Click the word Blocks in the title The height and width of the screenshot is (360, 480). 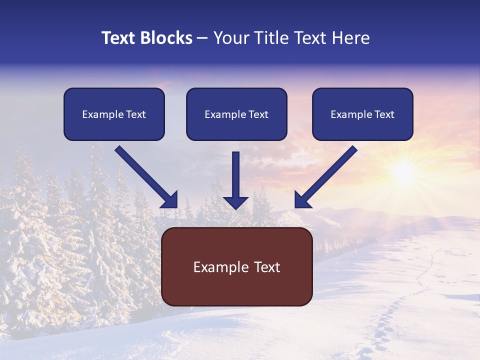tap(166, 38)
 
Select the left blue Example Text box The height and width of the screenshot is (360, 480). tap(114, 114)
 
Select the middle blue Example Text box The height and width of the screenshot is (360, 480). tap(236, 114)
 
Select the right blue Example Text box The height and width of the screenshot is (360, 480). tap(362, 114)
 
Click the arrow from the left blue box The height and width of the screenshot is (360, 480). tap(145, 176)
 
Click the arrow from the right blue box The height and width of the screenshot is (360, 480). tap(327, 176)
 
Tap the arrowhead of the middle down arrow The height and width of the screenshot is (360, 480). tap(235, 202)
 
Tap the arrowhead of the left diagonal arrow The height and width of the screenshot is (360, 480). tap(170, 200)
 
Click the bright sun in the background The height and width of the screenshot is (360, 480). tap(403, 171)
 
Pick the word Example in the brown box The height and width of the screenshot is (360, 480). tap(221, 267)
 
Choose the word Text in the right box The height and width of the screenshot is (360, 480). tap(384, 114)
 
